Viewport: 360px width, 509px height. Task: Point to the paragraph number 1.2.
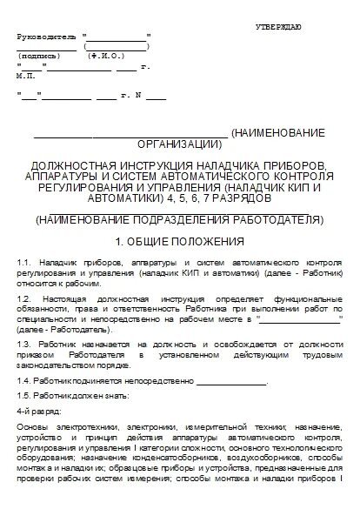pyautogui.click(x=24, y=298)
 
